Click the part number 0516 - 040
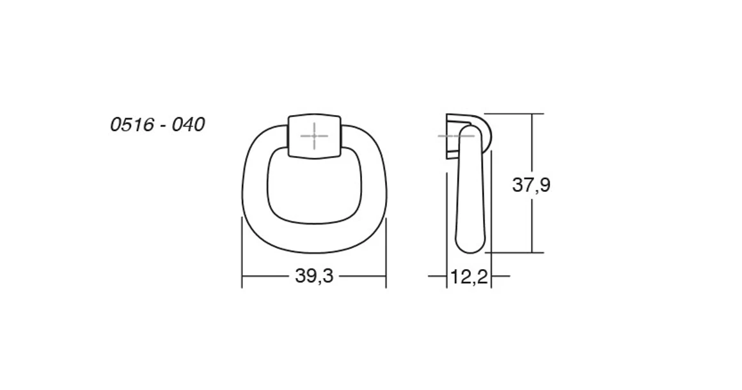pyautogui.click(x=157, y=125)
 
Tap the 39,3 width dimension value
pyautogui.click(x=315, y=276)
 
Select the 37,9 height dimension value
pyautogui.click(x=531, y=185)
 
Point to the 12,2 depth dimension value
pyautogui.click(x=469, y=277)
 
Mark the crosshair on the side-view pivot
pyautogui.click(x=456, y=136)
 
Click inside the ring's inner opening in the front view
pyautogui.click(x=313, y=189)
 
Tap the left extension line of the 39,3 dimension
pyautogui.click(x=242, y=256)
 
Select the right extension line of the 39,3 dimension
pyautogui.click(x=386, y=256)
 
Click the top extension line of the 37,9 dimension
pyautogui.click(x=512, y=114)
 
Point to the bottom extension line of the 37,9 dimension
pyautogui.click(x=512, y=253)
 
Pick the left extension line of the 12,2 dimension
pyautogui.click(x=446, y=269)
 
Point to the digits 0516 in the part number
pyautogui.click(x=129, y=125)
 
